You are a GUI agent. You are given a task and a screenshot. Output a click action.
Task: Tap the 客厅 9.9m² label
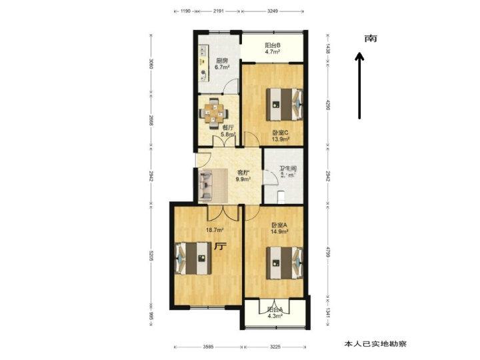pos(244,176)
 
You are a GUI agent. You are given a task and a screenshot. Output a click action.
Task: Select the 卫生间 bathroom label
pos(289,171)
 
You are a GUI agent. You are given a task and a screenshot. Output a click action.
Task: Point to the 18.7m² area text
pos(214,230)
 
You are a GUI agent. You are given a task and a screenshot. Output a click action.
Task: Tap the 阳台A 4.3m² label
pos(275,312)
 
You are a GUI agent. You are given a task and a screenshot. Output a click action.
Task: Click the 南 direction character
pos(371,39)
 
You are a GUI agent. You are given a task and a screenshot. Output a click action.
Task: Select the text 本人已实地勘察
pos(375,344)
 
